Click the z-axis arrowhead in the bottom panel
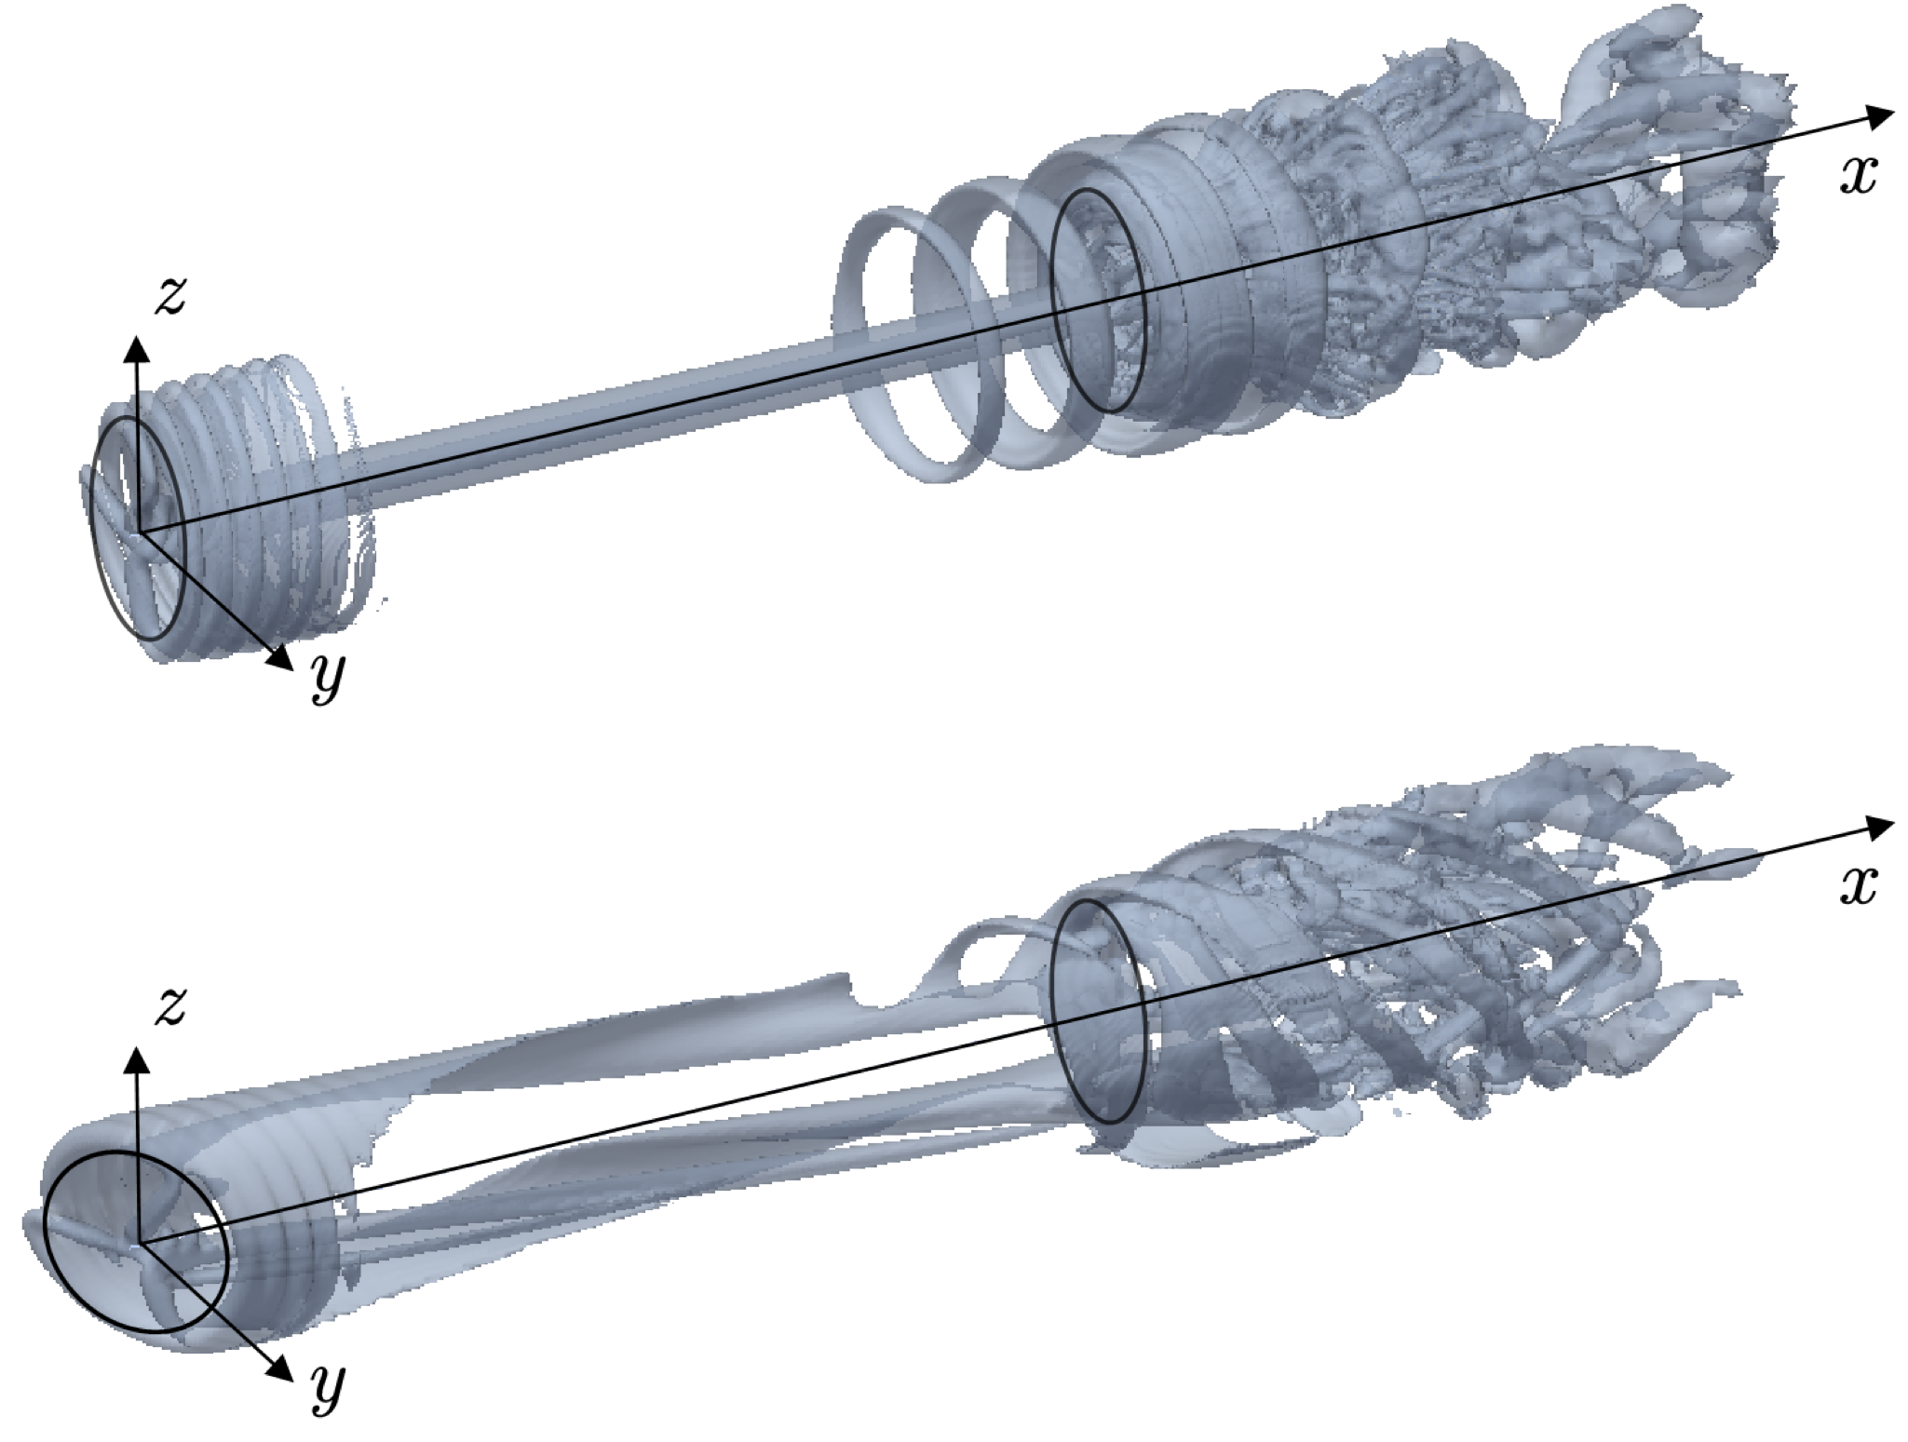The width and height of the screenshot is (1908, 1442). tap(137, 1058)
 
